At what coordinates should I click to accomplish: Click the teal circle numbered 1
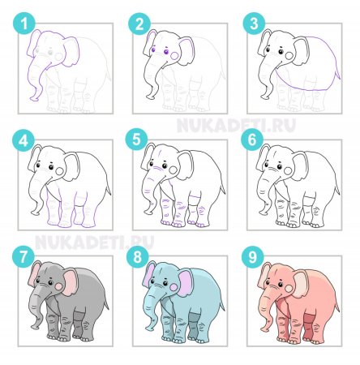pos(24,24)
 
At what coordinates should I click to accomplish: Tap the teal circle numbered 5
pos(137,140)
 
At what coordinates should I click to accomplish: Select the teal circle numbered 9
pos(252,257)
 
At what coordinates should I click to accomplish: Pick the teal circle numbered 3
pos(254,24)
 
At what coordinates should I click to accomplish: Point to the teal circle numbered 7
pos(24,256)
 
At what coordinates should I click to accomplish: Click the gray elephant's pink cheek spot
pos(59,286)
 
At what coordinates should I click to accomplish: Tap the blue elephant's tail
pos(222,305)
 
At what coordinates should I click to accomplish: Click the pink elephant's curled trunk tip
pos(265,328)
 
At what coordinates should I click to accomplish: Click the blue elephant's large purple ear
pos(186,281)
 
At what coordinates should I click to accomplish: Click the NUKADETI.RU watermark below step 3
pos(236,126)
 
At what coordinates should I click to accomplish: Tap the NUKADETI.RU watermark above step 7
pos(95,243)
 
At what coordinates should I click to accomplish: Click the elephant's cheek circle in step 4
pos(59,171)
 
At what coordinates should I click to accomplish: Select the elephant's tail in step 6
pos(337,188)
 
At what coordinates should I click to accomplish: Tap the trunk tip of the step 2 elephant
pos(150,96)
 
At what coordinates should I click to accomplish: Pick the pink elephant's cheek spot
pos(289,288)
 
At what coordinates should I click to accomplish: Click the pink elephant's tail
pos(336,305)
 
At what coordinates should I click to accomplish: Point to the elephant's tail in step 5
pos(223,188)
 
